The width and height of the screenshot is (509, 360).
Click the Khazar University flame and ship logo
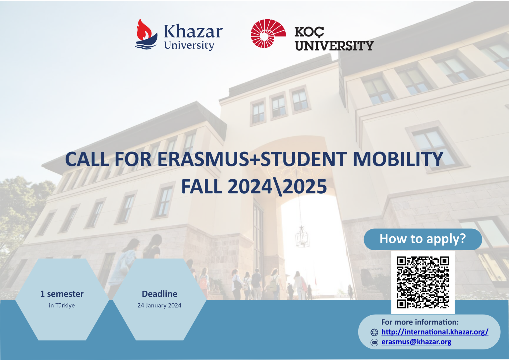[x=146, y=34]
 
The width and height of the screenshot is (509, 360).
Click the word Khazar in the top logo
[x=193, y=32]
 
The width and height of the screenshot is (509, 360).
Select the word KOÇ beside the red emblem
[x=309, y=32]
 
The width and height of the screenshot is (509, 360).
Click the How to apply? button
[x=423, y=239]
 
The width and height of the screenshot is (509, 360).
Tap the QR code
[x=423, y=282]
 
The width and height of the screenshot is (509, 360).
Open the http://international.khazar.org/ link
[x=435, y=332]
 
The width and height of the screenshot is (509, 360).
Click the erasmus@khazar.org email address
[x=416, y=342]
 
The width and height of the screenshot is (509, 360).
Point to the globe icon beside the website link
[x=374, y=332]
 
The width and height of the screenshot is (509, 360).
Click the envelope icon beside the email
[x=374, y=342]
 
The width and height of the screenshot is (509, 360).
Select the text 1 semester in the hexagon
[x=62, y=294]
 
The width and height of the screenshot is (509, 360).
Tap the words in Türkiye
[x=62, y=306]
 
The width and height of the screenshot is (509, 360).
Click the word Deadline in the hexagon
[x=159, y=294]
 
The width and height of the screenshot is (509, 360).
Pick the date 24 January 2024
[x=159, y=306]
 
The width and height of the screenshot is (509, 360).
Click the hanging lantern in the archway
[x=302, y=237]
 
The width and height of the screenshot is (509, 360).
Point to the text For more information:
[x=420, y=322]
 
